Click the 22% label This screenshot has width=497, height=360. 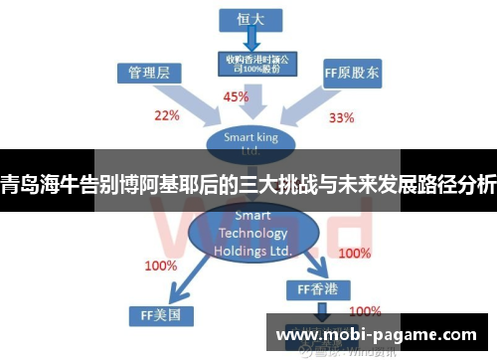166,115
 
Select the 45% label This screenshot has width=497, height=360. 236,97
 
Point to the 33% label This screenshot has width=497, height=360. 341,117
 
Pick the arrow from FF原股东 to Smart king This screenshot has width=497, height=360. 307,105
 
